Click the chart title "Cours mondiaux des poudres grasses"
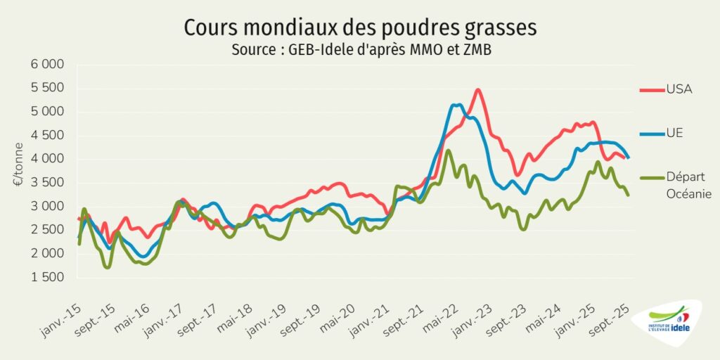[x=360, y=28]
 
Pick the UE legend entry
[x=675, y=134]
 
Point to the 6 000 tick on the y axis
[x=47, y=65]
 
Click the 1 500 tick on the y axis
[x=47, y=278]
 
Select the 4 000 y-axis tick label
[x=47, y=159]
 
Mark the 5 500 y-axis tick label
[x=47, y=88]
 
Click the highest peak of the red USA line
[x=478, y=90]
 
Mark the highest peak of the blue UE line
[x=456, y=105]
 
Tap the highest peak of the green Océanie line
[x=448, y=150]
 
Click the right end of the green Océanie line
[x=628, y=195]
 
